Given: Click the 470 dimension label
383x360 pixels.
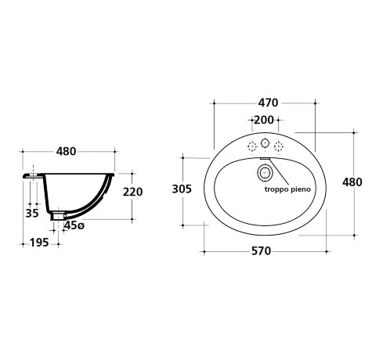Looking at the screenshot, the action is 268,103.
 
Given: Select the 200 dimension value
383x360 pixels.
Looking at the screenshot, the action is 264,120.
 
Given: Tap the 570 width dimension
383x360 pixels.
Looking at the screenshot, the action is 262,251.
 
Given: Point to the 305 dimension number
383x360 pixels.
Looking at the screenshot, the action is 182,189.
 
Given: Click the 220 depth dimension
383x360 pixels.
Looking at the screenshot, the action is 133,192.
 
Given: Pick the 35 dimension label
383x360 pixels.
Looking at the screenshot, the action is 32,213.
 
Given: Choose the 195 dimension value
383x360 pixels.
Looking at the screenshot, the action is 39,243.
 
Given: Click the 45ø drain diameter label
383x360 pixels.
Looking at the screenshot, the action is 74,225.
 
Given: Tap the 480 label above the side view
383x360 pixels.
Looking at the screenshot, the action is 66,151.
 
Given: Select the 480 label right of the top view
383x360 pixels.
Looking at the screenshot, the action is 352,182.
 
